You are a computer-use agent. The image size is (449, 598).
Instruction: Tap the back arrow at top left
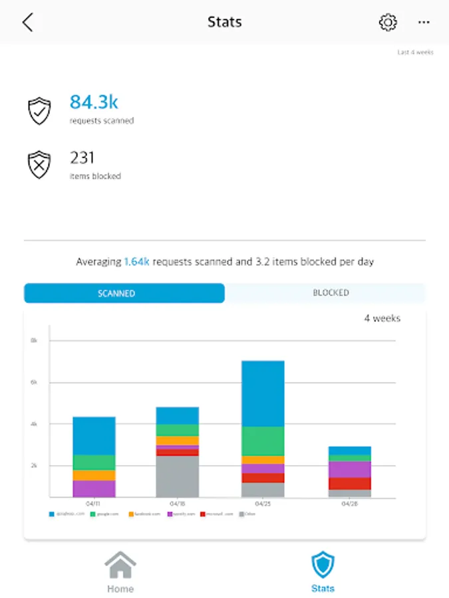27,23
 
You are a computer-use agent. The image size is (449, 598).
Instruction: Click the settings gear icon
387,23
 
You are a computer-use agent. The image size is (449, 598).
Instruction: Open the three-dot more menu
424,23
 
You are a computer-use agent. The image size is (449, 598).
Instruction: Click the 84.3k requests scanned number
94,102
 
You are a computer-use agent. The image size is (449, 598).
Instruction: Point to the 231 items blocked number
82,157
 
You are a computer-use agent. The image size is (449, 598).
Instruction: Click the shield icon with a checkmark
39,111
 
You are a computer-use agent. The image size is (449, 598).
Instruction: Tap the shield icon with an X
39,165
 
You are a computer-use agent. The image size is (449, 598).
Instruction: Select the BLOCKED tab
331,293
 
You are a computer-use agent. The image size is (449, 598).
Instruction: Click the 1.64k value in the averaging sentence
137,262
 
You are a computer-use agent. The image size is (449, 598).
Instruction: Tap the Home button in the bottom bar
120,572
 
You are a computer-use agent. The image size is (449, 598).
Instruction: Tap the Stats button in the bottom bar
323,572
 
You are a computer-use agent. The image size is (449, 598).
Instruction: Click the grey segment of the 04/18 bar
177,476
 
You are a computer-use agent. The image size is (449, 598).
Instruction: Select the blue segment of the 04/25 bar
263,393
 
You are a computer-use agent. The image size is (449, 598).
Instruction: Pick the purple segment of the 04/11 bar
94,488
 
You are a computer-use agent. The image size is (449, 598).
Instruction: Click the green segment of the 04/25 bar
263,441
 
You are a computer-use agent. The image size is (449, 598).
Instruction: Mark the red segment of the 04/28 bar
349,484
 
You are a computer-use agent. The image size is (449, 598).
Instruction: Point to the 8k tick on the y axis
34,341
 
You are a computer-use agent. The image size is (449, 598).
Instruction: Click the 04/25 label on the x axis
263,504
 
